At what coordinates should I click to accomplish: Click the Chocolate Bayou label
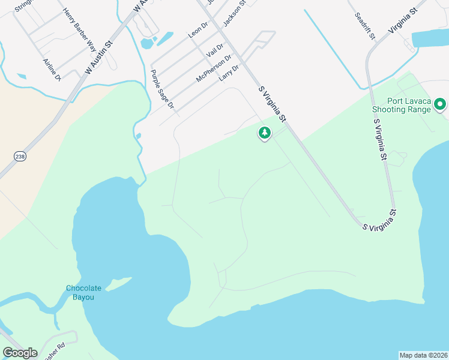click(x=83, y=293)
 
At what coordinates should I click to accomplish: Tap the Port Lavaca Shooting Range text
click(x=401, y=105)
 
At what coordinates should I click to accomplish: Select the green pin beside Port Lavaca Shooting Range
click(x=440, y=105)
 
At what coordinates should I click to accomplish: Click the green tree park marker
click(x=264, y=133)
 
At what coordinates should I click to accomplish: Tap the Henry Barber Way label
click(x=79, y=29)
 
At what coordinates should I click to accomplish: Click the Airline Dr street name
click(x=52, y=70)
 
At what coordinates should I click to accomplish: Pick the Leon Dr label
click(x=197, y=30)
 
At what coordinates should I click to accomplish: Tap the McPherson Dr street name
click(x=214, y=69)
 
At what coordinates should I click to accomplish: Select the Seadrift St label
click(x=364, y=26)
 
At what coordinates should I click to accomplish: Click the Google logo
click(x=20, y=353)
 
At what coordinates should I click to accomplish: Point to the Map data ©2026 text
click(x=423, y=355)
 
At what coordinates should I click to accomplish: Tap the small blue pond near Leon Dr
click(x=146, y=43)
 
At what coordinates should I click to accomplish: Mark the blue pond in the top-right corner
click(x=430, y=39)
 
